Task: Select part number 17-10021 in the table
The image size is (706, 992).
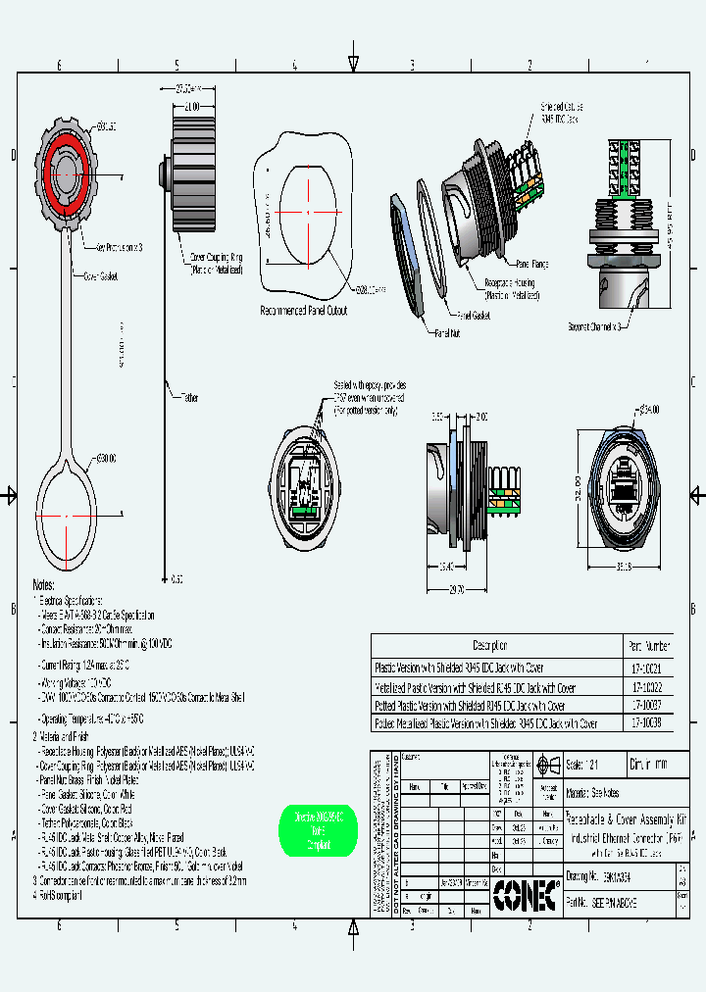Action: click(648, 667)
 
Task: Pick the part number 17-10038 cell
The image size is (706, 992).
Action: click(648, 723)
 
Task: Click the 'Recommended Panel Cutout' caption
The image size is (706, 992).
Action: click(304, 310)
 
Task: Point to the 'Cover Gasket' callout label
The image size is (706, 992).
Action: click(101, 276)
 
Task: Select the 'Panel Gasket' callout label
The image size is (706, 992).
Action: click(473, 316)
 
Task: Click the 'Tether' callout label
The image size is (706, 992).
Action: click(188, 397)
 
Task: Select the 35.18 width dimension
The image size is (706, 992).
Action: click(624, 566)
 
